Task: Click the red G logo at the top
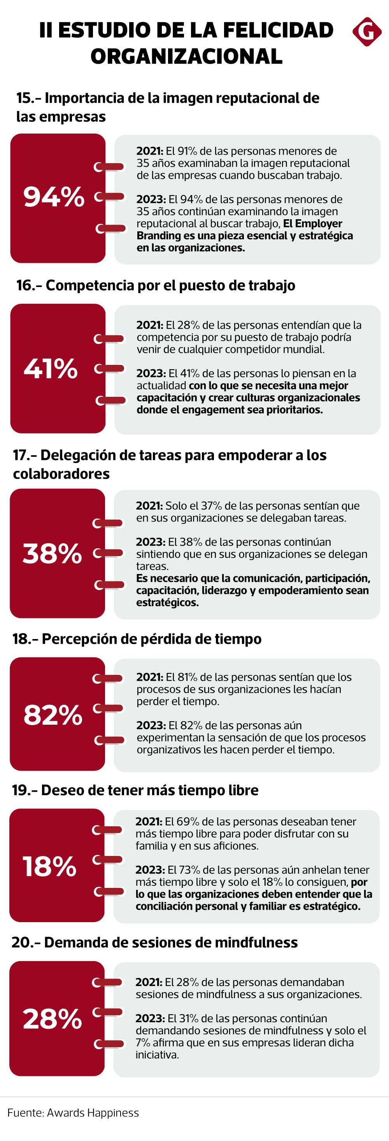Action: pos(367,32)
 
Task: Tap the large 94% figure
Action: pos(54,197)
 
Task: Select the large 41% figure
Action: pos(51,368)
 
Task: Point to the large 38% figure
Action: pos(52,553)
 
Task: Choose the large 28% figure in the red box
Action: pos(52,1018)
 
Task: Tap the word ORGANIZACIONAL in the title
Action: pos(186,56)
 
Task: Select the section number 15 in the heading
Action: pos(25,98)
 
